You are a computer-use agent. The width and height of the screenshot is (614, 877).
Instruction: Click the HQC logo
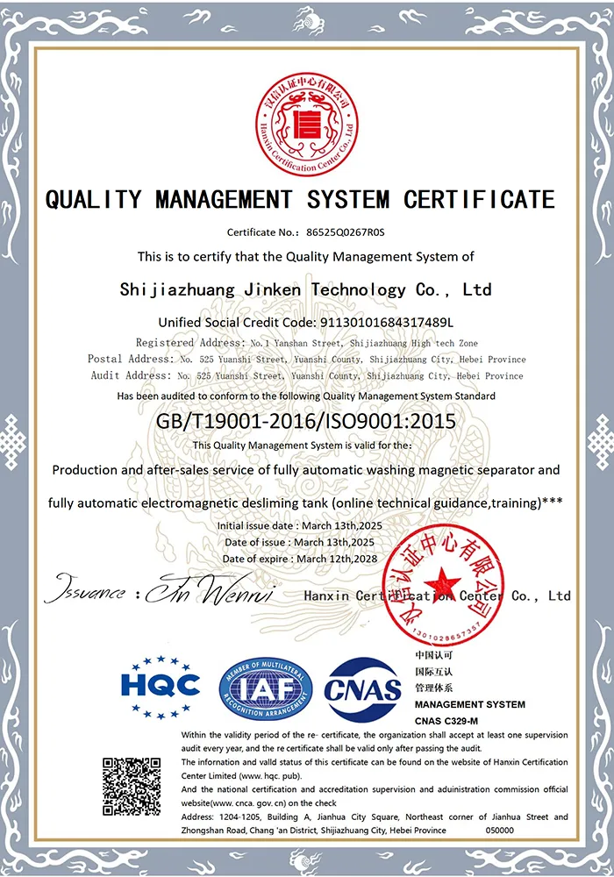tap(161, 685)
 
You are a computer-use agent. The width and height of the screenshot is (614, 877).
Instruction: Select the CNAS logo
tap(363, 688)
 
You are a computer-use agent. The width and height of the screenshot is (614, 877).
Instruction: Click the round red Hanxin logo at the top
tap(307, 120)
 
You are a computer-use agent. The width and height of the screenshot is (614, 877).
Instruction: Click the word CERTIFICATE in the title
tap(479, 200)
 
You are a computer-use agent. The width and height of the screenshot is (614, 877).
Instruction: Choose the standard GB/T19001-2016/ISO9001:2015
tap(306, 422)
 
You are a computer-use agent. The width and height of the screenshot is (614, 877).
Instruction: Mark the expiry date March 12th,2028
tap(337, 559)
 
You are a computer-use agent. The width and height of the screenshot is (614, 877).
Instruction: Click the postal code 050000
tap(499, 830)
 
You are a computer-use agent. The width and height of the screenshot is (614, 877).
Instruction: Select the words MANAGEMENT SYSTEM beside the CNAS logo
tap(469, 704)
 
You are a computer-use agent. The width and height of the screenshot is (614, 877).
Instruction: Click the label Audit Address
tap(130, 375)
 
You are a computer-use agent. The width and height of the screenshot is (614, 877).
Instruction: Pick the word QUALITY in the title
tap(93, 200)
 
